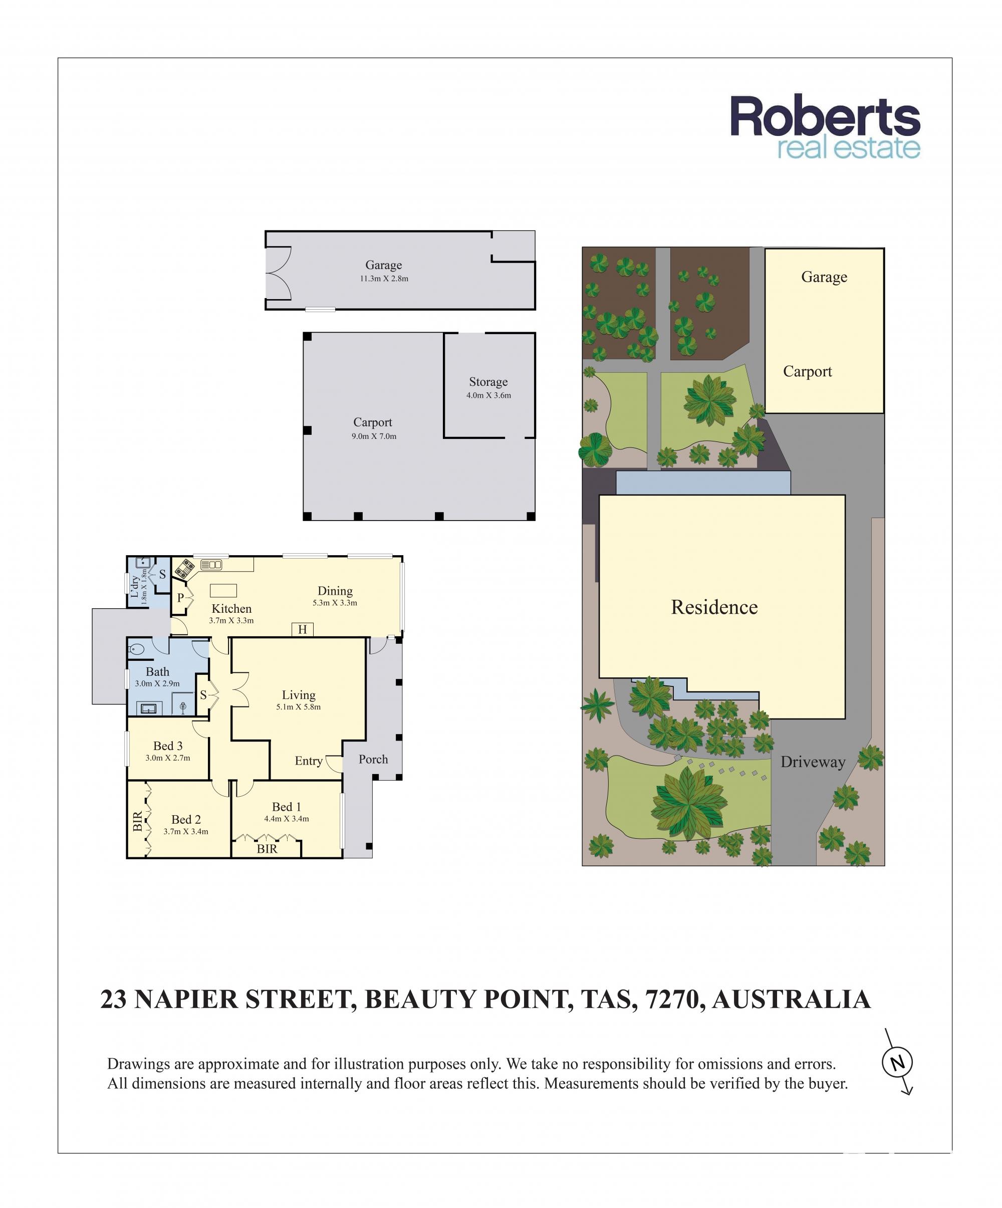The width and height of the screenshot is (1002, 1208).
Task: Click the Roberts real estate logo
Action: [824, 128]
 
